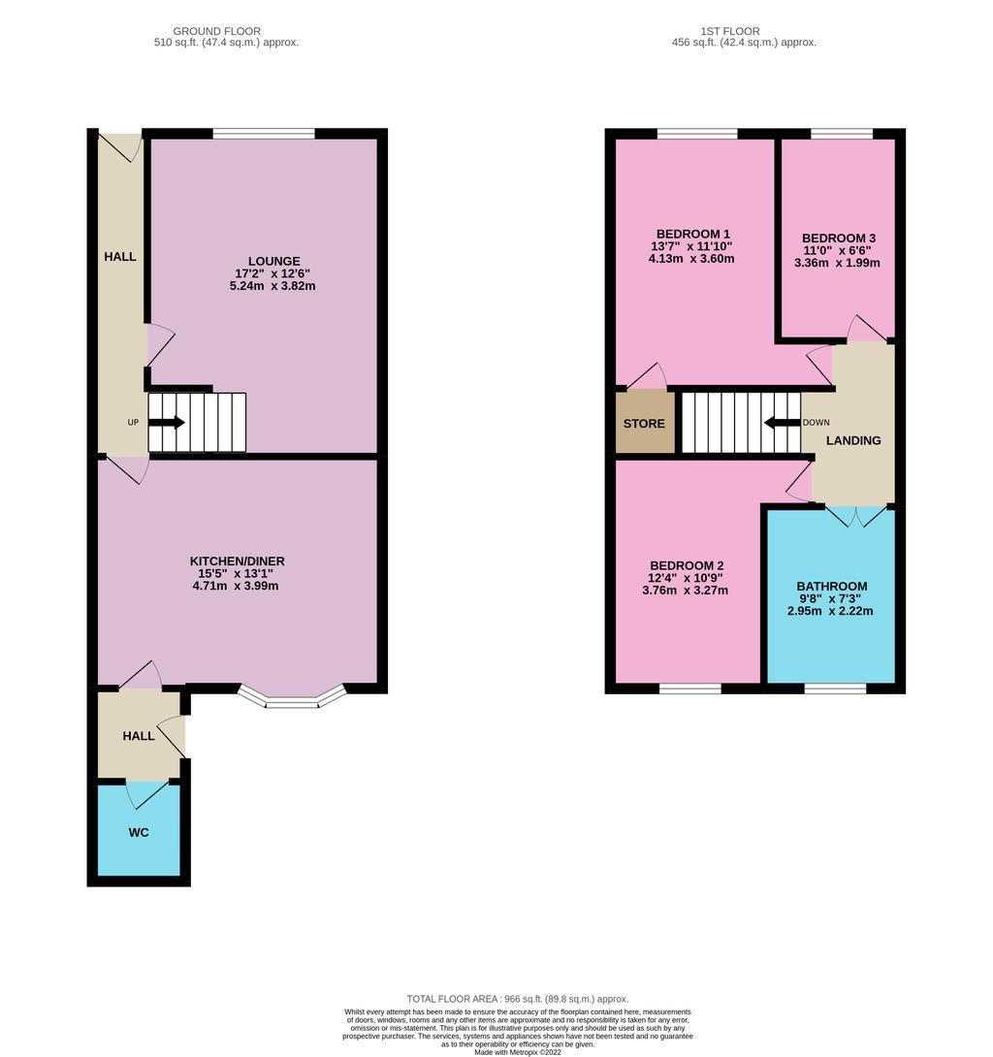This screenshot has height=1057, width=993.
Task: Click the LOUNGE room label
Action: [x=273, y=261]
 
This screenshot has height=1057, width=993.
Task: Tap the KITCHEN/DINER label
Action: [x=237, y=561]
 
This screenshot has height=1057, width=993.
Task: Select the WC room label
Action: [x=139, y=833]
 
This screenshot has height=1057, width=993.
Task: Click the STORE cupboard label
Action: [x=644, y=424]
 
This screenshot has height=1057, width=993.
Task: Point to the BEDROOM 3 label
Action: [x=838, y=239]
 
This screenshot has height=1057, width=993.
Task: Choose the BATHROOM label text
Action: [x=831, y=587]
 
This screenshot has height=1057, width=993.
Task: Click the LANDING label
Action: [x=853, y=440]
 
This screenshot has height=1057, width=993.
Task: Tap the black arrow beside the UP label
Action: [x=167, y=423]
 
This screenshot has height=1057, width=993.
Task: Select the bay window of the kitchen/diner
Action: [x=292, y=697]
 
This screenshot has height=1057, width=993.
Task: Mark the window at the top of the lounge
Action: [x=263, y=134]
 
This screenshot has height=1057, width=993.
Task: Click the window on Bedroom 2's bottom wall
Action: [x=689, y=689]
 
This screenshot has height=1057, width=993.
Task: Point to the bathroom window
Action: [x=834, y=689]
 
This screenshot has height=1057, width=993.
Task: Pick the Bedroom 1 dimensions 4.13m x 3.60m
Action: [x=692, y=259]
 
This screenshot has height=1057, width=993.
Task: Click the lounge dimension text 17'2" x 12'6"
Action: [x=273, y=273]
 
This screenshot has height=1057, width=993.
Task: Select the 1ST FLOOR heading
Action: [x=744, y=31]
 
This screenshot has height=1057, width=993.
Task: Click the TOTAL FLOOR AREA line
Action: [x=517, y=999]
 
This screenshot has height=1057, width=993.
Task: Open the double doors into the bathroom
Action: [x=854, y=515]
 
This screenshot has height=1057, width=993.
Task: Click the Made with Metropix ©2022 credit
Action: [x=517, y=1051]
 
